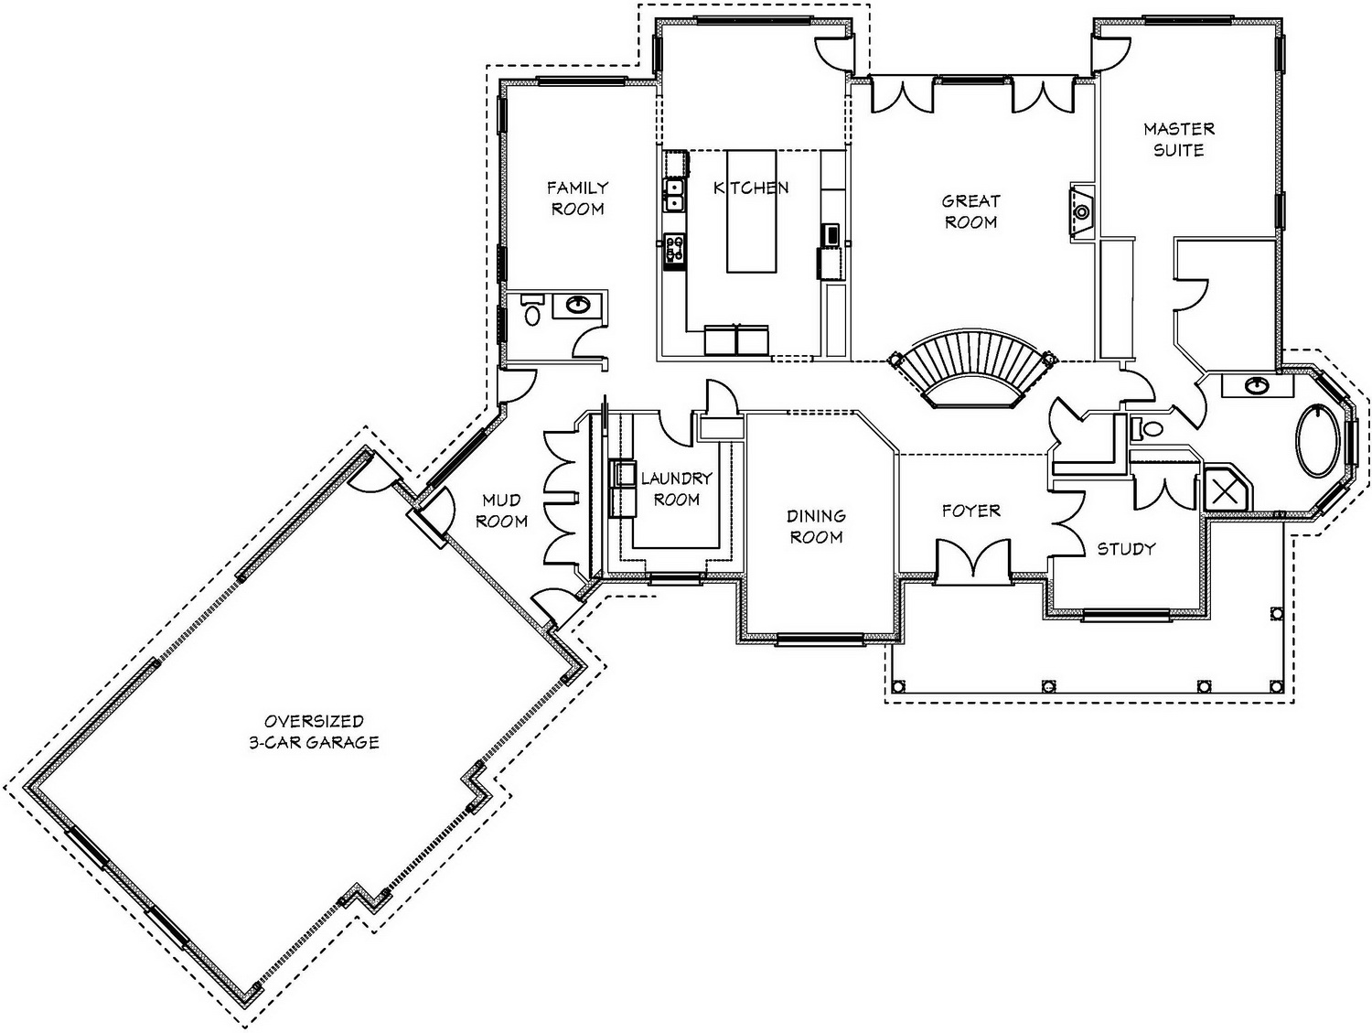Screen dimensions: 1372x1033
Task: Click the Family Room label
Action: (577, 199)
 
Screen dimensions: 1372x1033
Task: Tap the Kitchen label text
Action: (751, 188)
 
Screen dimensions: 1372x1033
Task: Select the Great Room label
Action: (970, 211)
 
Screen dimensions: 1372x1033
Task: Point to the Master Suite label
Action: (1179, 139)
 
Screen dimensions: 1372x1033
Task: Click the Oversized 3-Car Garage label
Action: (315, 732)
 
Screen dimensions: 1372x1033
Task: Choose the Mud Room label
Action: (502, 511)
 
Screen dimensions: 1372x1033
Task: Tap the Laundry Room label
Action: (676, 489)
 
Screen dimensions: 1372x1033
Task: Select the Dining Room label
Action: (816, 526)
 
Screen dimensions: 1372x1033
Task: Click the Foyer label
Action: (971, 511)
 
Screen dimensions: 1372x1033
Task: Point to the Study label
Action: (1126, 548)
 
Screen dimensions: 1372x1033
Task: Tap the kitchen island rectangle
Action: (751, 210)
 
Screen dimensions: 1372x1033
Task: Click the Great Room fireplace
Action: (1082, 212)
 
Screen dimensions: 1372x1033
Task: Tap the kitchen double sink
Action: (674, 195)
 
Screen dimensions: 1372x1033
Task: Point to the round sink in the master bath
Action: (1254, 385)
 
